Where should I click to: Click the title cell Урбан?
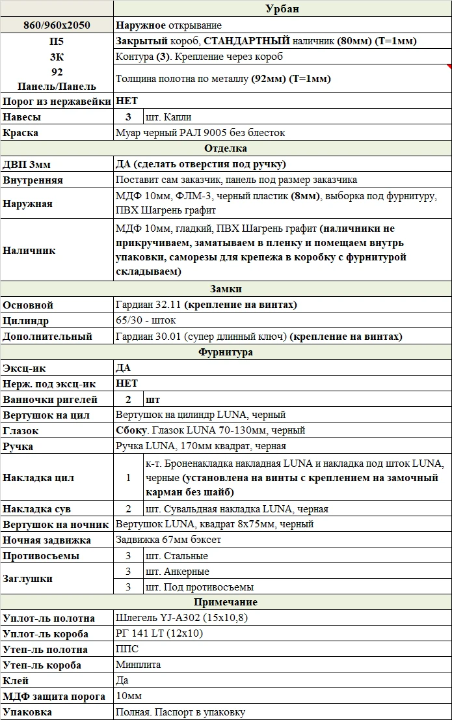coord(282,8)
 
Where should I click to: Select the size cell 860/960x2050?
coord(57,25)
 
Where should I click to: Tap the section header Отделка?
coord(226,148)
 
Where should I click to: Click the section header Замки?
coord(226,289)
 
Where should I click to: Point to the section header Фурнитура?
coord(226,352)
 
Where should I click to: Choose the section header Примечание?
coord(226,602)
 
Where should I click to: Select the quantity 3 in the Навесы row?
coord(128,117)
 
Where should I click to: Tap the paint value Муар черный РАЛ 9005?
coord(200,133)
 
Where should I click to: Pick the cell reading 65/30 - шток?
coord(146,321)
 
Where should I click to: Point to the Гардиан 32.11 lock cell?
coord(206,305)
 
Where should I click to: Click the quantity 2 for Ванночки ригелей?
coord(128,399)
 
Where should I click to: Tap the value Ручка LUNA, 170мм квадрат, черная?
coord(200,446)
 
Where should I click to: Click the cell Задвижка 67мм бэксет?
coord(168,540)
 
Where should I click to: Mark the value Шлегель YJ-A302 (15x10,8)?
coord(180,618)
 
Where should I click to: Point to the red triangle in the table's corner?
coord(449,66)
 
